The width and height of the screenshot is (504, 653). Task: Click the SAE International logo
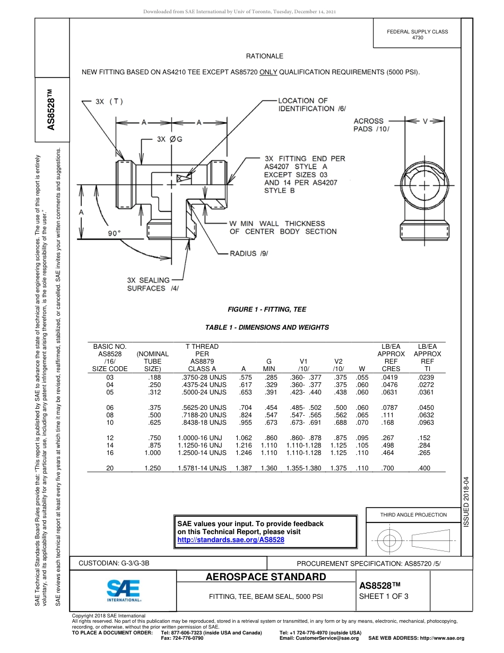[123, 590]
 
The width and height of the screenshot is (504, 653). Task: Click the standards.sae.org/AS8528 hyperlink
[230, 539]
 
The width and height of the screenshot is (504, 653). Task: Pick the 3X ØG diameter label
[169, 139]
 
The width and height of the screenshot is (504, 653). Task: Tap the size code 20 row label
[110, 468]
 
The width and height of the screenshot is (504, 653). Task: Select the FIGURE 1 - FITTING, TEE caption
[266, 310]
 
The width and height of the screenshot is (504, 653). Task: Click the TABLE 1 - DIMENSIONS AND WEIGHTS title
[267, 328]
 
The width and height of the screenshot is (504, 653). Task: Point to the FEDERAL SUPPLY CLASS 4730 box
[418, 35]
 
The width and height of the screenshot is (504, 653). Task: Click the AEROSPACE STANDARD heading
[266, 577]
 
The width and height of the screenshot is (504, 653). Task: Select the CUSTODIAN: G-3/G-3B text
[118, 562]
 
